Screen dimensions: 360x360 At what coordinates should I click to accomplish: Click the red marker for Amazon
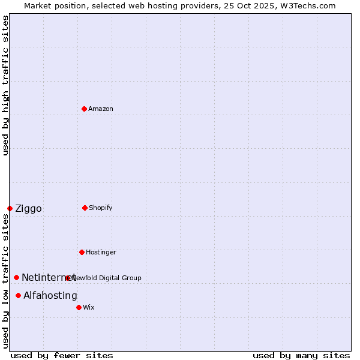click(84, 109)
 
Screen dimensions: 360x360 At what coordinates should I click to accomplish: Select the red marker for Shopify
click(85, 208)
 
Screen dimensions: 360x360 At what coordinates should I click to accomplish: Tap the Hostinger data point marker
click(82, 252)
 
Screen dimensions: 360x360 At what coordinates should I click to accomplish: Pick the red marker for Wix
click(79, 307)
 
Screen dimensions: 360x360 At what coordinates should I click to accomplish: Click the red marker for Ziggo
click(10, 208)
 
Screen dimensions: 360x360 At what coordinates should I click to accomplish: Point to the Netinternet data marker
click(16, 277)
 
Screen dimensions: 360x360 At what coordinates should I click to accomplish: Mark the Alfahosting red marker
click(19, 295)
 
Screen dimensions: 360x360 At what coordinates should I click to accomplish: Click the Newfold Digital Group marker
click(68, 278)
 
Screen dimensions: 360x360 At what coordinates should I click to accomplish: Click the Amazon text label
click(101, 109)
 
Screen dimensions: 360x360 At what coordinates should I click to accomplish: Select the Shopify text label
click(101, 208)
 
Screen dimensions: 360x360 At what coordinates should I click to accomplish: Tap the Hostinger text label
click(101, 252)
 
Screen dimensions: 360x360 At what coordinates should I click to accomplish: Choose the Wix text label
click(89, 307)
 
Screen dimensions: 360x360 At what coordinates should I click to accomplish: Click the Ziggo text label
click(28, 208)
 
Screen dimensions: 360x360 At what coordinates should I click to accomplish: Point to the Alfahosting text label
click(50, 295)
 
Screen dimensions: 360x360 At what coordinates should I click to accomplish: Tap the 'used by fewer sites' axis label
click(62, 355)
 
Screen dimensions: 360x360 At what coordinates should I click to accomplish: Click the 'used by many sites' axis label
click(301, 355)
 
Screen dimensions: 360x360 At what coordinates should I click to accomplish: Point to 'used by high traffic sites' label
click(5, 86)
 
